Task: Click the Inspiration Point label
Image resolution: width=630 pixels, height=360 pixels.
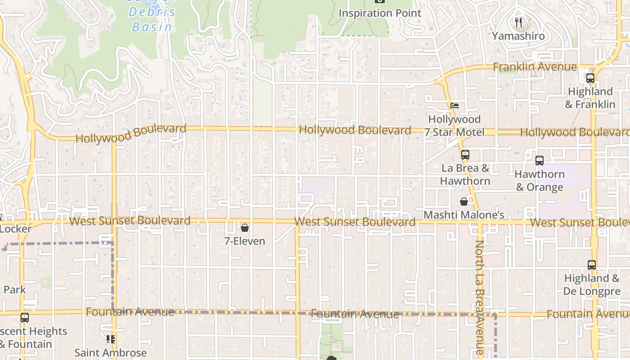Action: click(x=380, y=13)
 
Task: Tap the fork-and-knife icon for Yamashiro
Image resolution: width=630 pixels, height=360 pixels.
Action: click(x=518, y=22)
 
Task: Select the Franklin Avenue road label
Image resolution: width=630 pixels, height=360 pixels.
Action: click(x=535, y=67)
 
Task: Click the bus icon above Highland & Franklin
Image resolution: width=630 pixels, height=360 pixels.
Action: click(x=590, y=78)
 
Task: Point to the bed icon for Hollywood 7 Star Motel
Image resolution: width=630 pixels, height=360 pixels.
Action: click(x=454, y=106)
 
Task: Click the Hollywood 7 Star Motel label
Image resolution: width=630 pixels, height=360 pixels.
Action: click(x=454, y=126)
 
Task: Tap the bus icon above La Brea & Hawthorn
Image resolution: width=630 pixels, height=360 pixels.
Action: click(x=465, y=155)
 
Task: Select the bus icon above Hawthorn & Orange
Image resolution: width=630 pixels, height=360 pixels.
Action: click(x=539, y=160)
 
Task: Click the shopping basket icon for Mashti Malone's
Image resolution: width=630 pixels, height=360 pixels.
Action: click(x=463, y=202)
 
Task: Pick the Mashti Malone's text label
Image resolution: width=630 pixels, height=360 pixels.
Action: click(x=463, y=215)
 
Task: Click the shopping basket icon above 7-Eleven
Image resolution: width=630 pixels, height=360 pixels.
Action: click(x=245, y=228)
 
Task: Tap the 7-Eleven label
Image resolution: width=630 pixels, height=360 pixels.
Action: click(x=245, y=241)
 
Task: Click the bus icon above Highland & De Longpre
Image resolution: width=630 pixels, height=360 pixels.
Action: click(x=592, y=265)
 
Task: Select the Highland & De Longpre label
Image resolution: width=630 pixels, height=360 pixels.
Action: click(x=592, y=285)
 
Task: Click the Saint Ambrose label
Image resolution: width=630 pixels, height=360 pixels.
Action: click(x=110, y=353)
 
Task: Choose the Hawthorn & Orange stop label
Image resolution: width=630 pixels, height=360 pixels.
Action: click(x=539, y=180)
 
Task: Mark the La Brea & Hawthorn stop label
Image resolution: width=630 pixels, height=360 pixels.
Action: click(x=465, y=175)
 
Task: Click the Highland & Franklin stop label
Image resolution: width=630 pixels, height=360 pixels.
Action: click(x=590, y=98)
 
